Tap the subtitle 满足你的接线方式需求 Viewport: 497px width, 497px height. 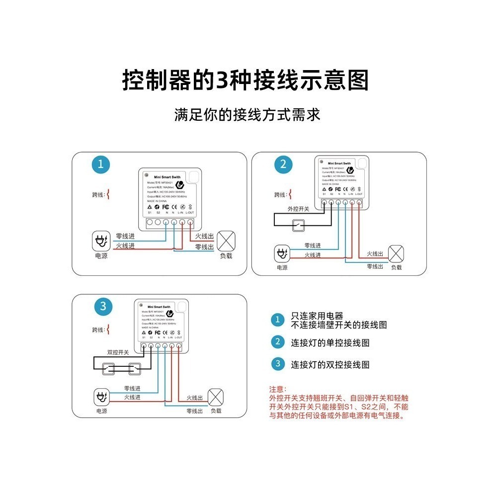(x=247, y=115)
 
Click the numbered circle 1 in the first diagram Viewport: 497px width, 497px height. (x=100, y=165)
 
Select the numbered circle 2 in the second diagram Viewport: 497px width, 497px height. (x=283, y=165)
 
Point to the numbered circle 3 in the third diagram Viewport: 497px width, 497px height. (x=103, y=307)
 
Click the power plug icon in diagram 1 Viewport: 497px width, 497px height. (x=101, y=242)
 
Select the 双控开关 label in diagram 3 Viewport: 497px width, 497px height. (x=118, y=352)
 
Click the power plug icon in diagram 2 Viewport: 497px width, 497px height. (x=282, y=254)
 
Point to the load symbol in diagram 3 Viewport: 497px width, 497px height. (x=216, y=397)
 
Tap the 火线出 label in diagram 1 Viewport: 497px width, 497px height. (x=204, y=237)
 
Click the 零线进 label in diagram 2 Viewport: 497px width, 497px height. (x=313, y=246)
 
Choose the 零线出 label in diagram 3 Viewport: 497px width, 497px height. (x=194, y=411)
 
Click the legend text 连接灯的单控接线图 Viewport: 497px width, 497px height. (x=330, y=343)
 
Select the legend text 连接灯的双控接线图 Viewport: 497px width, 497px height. (x=330, y=365)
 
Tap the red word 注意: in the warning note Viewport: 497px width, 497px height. (x=278, y=389)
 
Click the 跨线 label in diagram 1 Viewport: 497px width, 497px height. (x=98, y=195)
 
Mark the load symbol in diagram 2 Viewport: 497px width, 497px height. (x=396, y=253)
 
